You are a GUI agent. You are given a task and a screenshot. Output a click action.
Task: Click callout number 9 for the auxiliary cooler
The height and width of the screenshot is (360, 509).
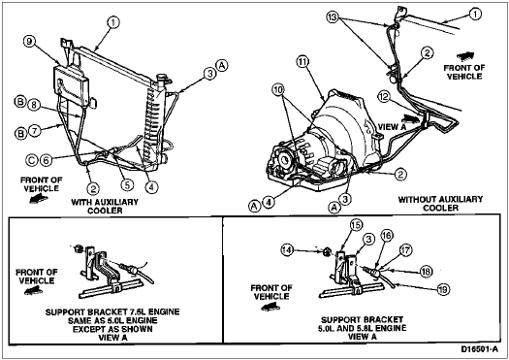click(x=29, y=42)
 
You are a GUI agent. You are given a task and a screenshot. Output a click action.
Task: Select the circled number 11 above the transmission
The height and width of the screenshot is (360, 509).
click(x=302, y=62)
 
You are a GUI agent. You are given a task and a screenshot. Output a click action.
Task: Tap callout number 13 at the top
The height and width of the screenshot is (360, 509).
click(x=334, y=17)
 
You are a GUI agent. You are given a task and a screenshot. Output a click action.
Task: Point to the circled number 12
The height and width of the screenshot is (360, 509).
click(x=384, y=97)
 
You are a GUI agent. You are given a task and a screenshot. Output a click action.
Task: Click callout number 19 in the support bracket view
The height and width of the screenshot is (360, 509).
click(x=443, y=289)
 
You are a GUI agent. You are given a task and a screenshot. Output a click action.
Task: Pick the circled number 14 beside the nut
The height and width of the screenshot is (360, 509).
click(x=288, y=250)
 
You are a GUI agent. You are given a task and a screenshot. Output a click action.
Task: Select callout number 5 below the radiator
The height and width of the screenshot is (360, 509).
click(x=127, y=185)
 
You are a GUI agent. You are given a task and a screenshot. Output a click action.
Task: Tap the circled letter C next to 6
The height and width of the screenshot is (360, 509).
click(x=32, y=160)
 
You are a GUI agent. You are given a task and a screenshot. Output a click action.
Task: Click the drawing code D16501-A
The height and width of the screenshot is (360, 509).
click(x=479, y=349)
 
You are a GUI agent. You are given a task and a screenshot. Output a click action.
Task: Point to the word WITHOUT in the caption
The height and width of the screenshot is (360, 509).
click(x=418, y=200)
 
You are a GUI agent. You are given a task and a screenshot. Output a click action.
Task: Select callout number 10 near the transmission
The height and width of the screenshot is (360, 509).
click(x=279, y=90)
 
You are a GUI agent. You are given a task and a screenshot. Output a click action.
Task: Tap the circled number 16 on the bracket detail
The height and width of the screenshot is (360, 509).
click(x=387, y=235)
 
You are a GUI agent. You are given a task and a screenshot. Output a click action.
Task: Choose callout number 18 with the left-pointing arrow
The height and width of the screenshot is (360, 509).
click(x=427, y=272)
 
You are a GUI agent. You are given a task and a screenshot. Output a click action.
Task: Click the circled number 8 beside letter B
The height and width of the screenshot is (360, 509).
click(x=34, y=105)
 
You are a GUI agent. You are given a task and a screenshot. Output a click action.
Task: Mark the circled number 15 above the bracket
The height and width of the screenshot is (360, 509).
click(x=356, y=225)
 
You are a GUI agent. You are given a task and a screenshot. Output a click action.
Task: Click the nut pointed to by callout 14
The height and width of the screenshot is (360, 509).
click(x=328, y=250)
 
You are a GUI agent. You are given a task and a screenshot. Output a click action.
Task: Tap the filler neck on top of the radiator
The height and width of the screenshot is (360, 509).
click(x=161, y=79)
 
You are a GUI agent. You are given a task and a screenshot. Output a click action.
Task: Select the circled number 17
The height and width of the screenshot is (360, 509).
click(x=406, y=250)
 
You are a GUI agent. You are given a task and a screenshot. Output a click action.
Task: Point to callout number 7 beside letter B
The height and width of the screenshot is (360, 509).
click(x=35, y=131)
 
